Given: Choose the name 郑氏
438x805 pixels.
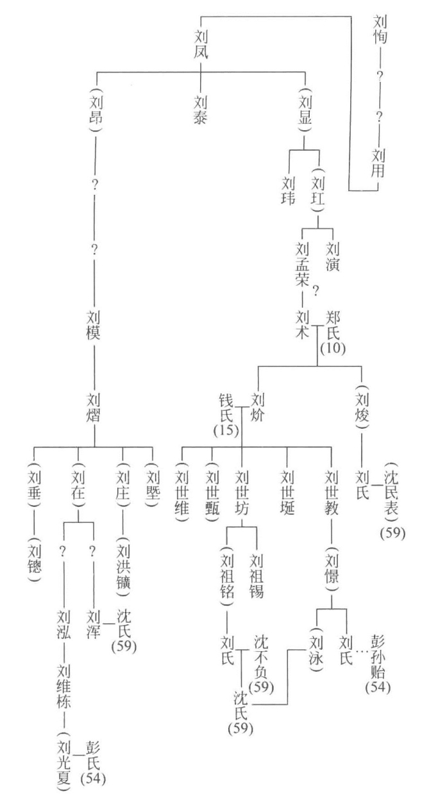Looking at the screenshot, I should [x=332, y=324].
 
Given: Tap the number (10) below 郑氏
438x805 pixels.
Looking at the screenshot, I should [x=333, y=349].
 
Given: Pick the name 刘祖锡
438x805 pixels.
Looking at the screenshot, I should [x=257, y=572].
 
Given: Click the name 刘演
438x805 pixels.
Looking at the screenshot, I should [x=332, y=254].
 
